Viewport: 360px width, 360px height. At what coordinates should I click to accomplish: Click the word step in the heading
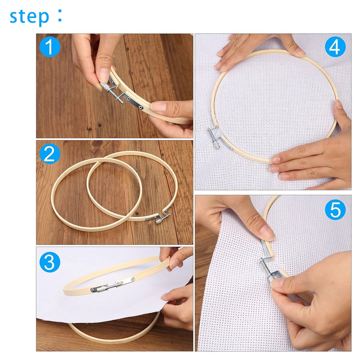(x=30, y=17)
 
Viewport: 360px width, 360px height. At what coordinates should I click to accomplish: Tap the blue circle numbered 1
(x=50, y=47)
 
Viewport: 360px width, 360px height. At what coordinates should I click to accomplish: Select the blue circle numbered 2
(x=50, y=154)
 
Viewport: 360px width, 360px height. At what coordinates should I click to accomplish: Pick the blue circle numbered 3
(x=50, y=262)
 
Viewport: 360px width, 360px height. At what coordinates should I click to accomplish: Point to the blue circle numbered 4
(x=335, y=47)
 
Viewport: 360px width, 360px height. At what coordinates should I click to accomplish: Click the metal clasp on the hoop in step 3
(x=112, y=284)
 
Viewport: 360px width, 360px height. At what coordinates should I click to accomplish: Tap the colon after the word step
(x=60, y=15)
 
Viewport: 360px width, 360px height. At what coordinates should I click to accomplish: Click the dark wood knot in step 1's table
(x=99, y=125)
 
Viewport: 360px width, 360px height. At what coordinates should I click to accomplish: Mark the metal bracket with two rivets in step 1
(x=134, y=102)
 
